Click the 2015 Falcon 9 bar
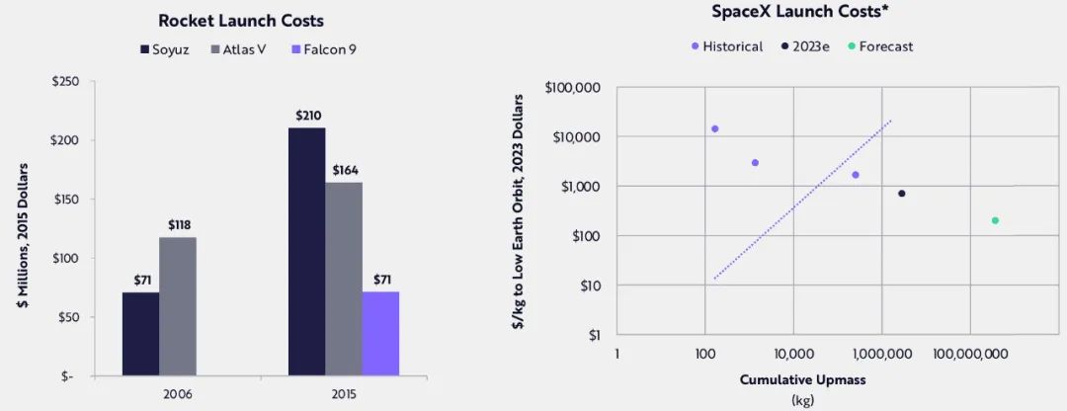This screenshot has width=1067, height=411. coord(380,333)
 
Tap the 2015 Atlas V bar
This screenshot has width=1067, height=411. coord(344,279)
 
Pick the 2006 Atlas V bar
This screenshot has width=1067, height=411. coord(179,306)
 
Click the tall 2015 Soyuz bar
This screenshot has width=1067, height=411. coord(307,252)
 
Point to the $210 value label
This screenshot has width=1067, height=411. coord(307,117)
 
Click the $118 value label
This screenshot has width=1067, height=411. coord(179,225)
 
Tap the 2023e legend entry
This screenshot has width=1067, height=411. coord(805,46)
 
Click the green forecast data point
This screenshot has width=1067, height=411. coord(995,220)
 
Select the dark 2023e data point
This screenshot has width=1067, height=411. coord(902,194)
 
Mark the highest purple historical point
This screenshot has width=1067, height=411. coord(714,128)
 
